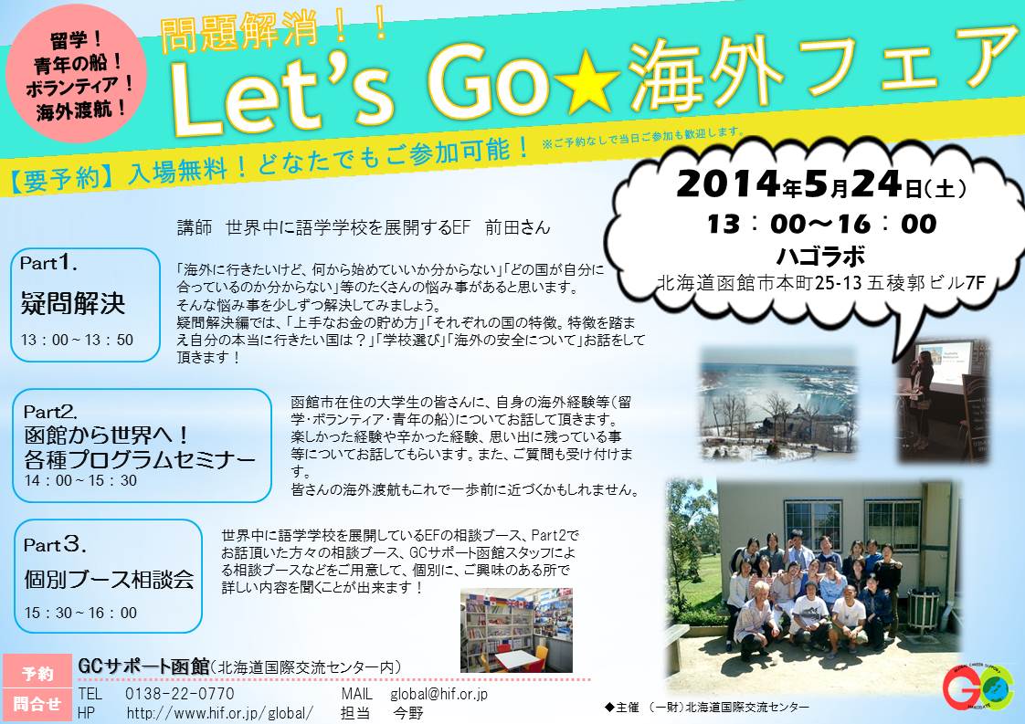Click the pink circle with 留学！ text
coord(77,72)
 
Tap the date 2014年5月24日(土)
coord(821,184)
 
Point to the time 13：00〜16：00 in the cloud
coord(821,224)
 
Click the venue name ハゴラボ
coord(821,256)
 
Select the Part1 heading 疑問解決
coord(72,303)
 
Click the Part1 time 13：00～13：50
coord(77,340)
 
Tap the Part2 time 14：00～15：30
coord(81,481)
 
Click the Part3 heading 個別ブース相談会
coord(109,579)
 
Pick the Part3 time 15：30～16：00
coord(81,613)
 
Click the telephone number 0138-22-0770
coord(179,693)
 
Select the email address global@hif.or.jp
coord(439,693)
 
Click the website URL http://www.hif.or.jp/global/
coord(219,713)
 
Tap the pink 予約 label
coord(37,672)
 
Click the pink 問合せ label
coord(37,705)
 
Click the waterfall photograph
coord(778,404)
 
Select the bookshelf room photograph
coord(516,631)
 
